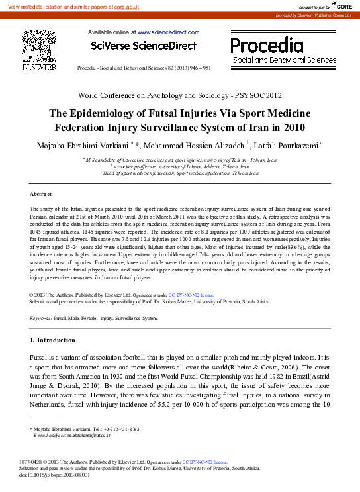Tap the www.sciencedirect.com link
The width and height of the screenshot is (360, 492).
coord(168,32)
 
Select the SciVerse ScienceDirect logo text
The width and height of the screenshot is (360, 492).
coord(144,46)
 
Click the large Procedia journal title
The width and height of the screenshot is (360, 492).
coord(267,45)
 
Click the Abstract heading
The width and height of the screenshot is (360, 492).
coord(41,194)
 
